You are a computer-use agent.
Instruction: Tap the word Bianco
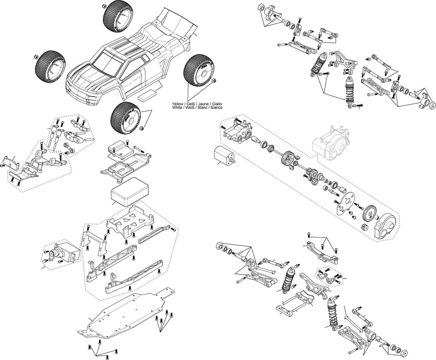(x=216, y=107)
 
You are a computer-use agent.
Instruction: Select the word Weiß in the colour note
(x=189, y=107)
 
